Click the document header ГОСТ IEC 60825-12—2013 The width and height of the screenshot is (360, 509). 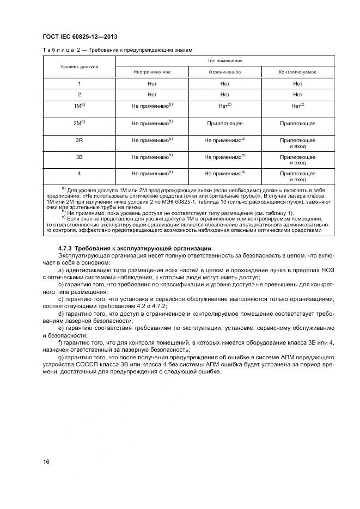click(80, 36)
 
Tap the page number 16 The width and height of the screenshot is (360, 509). click(46, 462)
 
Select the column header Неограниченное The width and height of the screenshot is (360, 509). click(152, 72)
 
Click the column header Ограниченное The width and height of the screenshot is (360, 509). click(225, 72)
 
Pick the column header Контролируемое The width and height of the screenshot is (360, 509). click(297, 72)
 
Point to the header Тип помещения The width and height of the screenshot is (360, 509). click(225, 60)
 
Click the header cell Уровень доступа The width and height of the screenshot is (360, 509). click(79, 66)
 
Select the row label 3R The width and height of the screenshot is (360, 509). click(79, 140)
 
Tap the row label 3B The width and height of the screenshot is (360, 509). click(79, 157)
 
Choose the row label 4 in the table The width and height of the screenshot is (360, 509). click(79, 173)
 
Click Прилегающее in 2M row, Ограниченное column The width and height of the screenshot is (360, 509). click(225, 124)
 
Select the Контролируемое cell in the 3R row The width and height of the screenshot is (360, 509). click(297, 143)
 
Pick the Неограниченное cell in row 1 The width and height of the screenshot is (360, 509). click(152, 83)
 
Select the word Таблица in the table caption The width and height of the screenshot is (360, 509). click(56, 50)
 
